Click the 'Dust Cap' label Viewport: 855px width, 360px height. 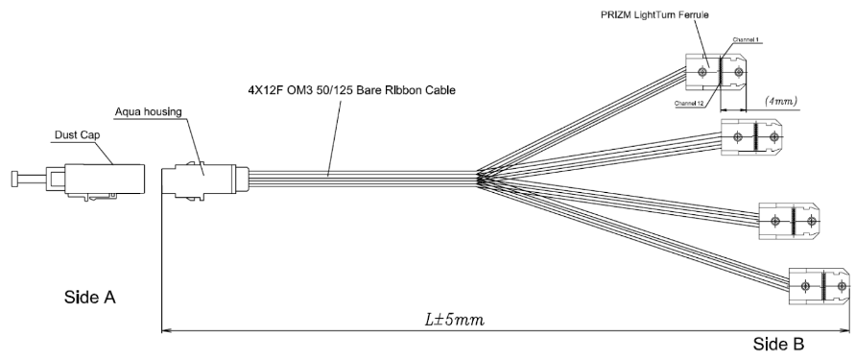coord(77,134)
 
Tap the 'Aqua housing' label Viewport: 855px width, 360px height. coord(148,111)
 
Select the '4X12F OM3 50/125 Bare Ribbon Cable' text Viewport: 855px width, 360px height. coord(351,90)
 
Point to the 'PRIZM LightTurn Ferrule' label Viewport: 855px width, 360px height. coord(654,14)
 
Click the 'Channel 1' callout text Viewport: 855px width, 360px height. coord(746,39)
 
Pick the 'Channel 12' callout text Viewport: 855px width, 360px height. coord(688,103)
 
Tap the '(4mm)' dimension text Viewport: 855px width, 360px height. coord(781,101)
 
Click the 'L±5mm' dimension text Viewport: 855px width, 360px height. coord(454,319)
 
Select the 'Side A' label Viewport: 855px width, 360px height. coord(90,298)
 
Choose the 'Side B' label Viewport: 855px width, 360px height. coord(778,345)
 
